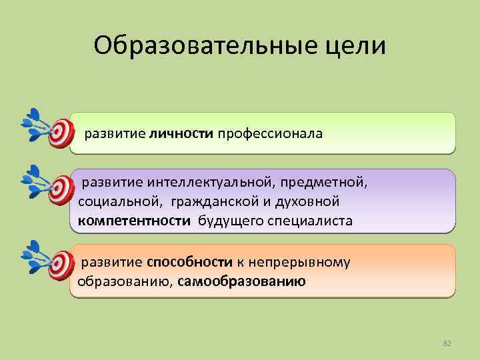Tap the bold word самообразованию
tap(242, 281)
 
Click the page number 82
tap(447, 343)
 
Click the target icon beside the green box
tap(60, 133)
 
